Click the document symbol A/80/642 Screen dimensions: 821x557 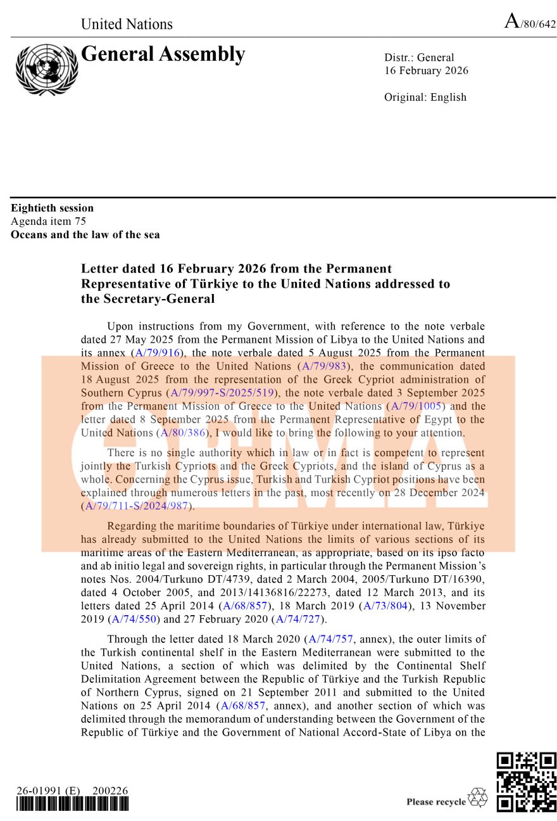click(x=530, y=23)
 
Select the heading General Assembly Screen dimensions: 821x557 click(x=163, y=54)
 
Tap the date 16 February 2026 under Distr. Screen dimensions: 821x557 click(x=426, y=70)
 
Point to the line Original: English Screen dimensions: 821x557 click(x=425, y=97)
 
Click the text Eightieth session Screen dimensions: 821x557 click(x=52, y=208)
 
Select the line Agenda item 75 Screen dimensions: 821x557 click(x=48, y=221)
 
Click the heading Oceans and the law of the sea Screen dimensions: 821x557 click(x=85, y=234)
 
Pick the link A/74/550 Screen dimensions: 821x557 click(x=134, y=619)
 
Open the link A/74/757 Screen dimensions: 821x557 click(x=330, y=639)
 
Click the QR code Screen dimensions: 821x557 click(x=526, y=782)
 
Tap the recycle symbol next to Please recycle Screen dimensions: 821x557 click(x=478, y=798)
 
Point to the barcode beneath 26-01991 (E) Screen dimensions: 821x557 click(x=73, y=805)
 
